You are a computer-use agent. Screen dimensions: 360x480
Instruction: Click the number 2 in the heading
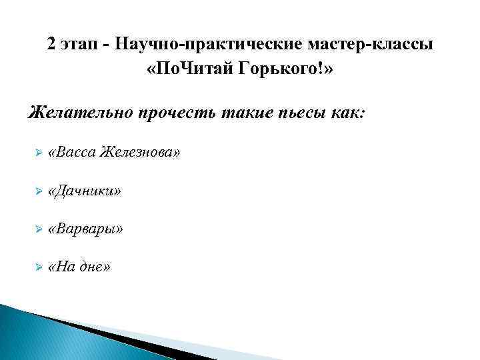pos(52,45)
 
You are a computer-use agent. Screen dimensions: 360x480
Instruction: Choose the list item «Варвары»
pos(85,229)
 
